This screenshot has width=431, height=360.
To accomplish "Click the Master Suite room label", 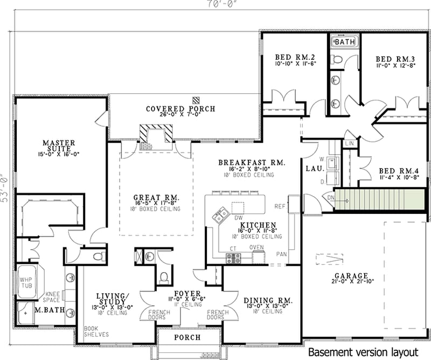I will click(60, 143).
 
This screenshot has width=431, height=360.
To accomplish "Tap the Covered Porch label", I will click(180, 109).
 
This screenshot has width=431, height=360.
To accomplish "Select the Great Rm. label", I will click(156, 197).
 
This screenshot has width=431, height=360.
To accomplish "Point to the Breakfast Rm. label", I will click(251, 163).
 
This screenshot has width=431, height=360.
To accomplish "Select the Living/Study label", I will click(113, 299).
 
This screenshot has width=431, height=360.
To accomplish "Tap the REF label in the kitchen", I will click(279, 206).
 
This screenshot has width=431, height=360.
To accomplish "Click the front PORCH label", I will click(187, 337).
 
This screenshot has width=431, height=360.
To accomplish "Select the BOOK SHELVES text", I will click(96, 331).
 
